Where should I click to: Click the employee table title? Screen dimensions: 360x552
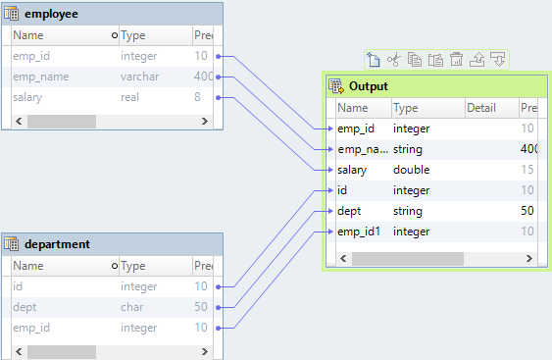[x=55, y=15]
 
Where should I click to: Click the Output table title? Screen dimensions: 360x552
[x=369, y=86]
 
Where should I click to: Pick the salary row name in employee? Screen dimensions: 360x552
[x=27, y=97]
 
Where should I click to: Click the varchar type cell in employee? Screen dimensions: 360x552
[x=138, y=77]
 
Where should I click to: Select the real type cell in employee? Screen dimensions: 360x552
[x=131, y=97]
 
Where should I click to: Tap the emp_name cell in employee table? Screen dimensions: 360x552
[x=39, y=77]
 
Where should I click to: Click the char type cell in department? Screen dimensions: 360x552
[x=131, y=306]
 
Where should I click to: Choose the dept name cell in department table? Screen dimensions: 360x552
[x=25, y=306]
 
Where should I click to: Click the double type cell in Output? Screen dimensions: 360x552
[x=411, y=170]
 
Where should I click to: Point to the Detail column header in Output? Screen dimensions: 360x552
[x=481, y=108]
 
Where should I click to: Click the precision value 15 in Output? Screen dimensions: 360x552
[x=527, y=170]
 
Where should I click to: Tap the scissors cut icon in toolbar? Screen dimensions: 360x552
[x=393, y=60]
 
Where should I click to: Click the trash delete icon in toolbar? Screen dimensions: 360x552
[x=456, y=60]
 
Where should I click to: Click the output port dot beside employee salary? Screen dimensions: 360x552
[x=218, y=97]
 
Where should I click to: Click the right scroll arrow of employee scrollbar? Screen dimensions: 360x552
[x=205, y=121]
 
